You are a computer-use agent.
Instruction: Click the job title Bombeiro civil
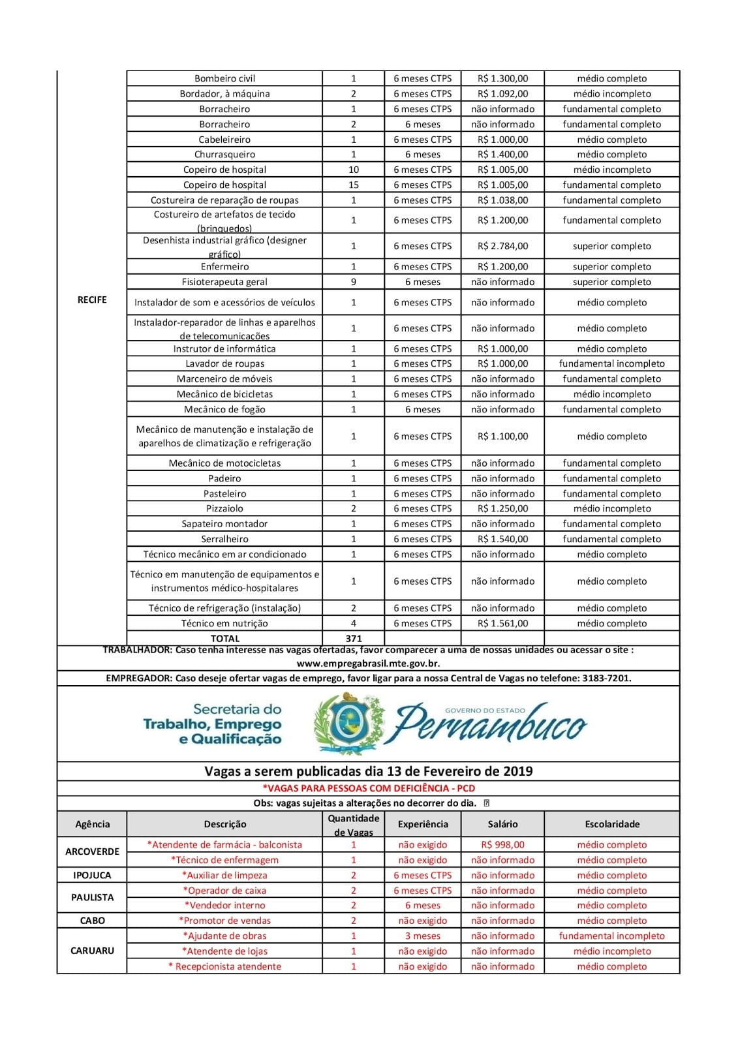click(224, 78)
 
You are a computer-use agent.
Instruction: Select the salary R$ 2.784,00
click(502, 246)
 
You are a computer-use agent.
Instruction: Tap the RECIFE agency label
click(92, 299)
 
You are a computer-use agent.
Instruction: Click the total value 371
click(354, 638)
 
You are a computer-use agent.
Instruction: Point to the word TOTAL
click(224, 638)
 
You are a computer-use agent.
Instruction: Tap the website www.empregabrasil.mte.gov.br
click(368, 663)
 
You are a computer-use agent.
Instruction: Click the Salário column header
click(502, 824)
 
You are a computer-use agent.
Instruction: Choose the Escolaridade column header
click(612, 824)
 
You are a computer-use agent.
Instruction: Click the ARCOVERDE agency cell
click(92, 852)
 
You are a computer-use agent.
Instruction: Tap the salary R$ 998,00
click(502, 844)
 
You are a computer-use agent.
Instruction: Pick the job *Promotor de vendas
click(224, 921)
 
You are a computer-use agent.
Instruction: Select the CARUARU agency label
click(92, 951)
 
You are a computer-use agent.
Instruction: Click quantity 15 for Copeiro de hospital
click(354, 185)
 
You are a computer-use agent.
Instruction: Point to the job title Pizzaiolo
click(224, 508)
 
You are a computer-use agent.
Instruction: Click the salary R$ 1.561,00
click(502, 623)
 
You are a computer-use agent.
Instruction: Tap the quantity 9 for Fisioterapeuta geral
click(354, 282)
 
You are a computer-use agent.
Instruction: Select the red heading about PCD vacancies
click(368, 788)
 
